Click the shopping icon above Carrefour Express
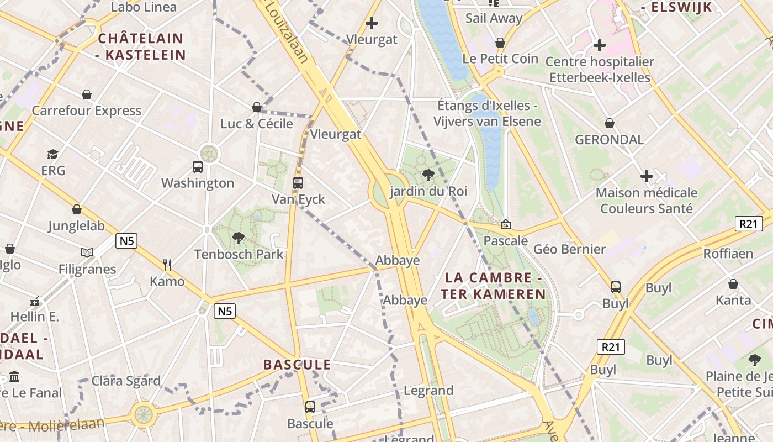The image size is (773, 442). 87,94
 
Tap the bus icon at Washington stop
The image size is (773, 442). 197,166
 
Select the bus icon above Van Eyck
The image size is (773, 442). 298,183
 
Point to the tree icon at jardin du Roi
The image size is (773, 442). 428,176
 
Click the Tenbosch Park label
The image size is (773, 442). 239,254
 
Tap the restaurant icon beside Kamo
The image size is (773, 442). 168,265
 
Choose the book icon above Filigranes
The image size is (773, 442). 87,253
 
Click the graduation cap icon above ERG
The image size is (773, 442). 53,154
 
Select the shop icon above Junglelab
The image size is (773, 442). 77,209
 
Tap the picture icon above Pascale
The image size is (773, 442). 505,224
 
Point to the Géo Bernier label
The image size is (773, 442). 569,249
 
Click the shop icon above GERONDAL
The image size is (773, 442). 610,123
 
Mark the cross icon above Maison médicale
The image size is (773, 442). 647,176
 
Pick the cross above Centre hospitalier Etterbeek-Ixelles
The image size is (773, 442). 600,45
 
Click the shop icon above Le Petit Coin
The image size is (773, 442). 500,43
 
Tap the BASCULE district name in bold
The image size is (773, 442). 297,365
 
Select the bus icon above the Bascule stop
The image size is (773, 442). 310,407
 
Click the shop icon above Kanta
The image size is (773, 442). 733,284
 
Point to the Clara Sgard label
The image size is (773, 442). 126,381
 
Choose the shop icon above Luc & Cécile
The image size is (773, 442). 257,107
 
